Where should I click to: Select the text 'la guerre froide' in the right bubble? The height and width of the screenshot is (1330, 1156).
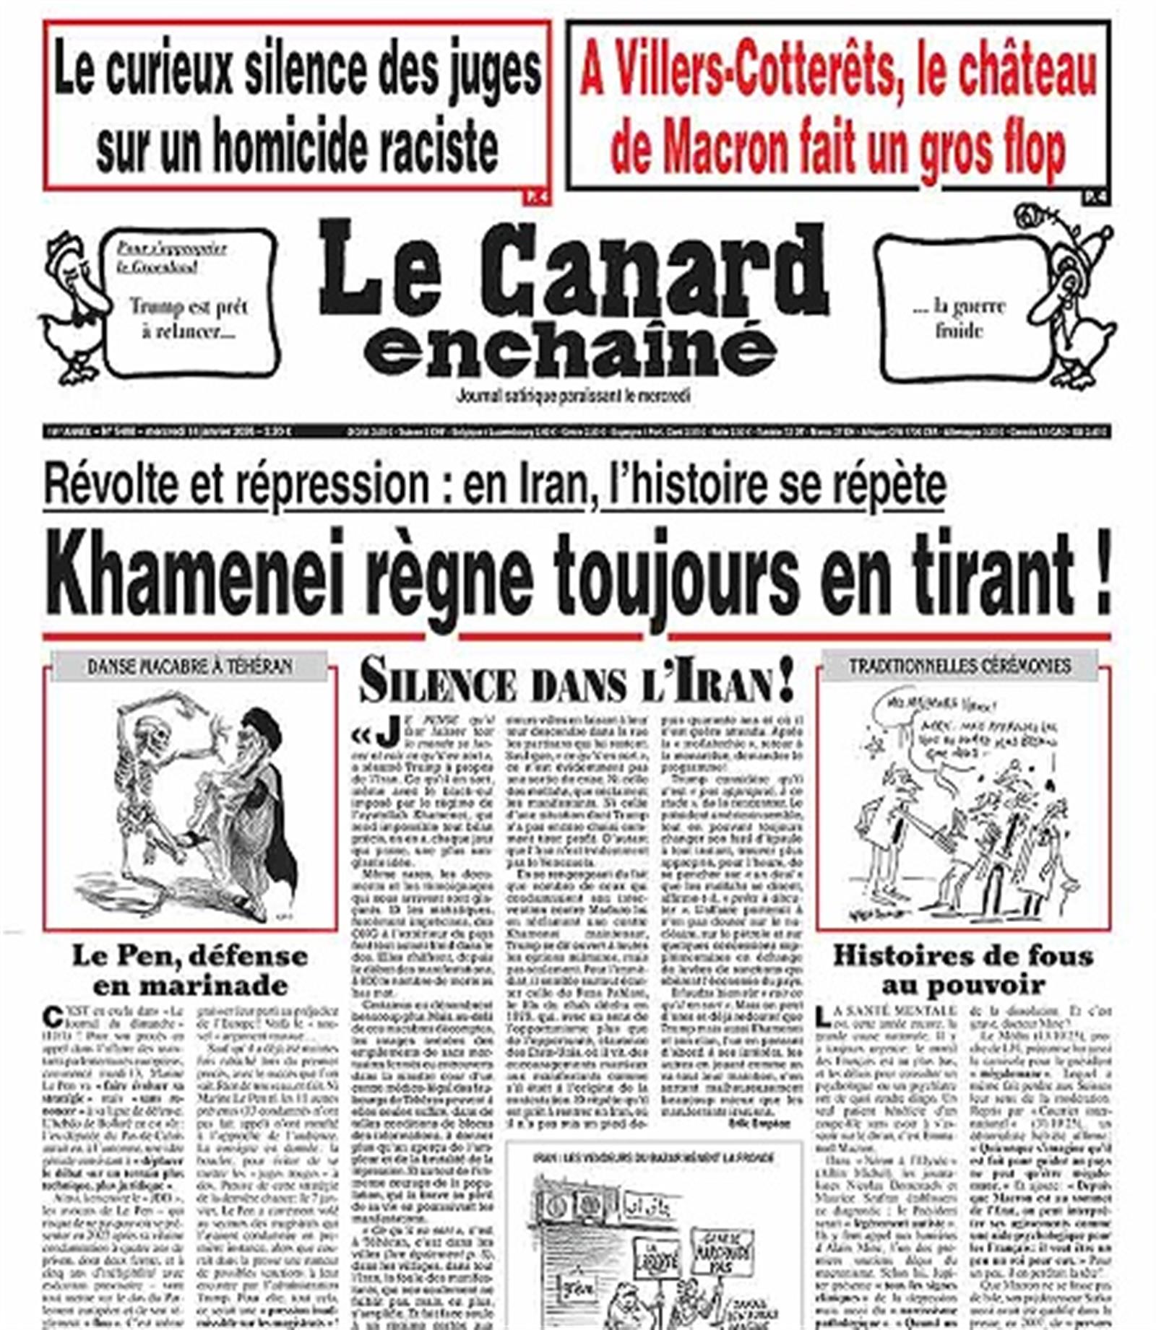point(959,318)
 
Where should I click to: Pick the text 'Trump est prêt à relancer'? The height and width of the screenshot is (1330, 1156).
point(188,318)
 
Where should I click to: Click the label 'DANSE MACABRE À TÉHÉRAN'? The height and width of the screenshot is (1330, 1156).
point(189,666)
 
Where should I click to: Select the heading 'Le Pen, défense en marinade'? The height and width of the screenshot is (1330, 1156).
point(190,970)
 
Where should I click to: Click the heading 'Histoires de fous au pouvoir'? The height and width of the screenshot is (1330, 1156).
point(963,970)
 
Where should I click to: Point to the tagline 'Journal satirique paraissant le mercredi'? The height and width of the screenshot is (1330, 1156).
point(573,396)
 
